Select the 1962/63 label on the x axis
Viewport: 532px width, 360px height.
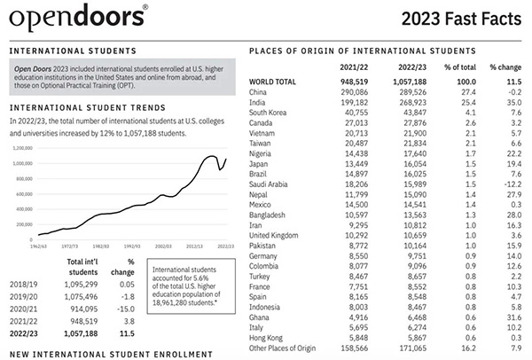(x=38, y=245)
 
